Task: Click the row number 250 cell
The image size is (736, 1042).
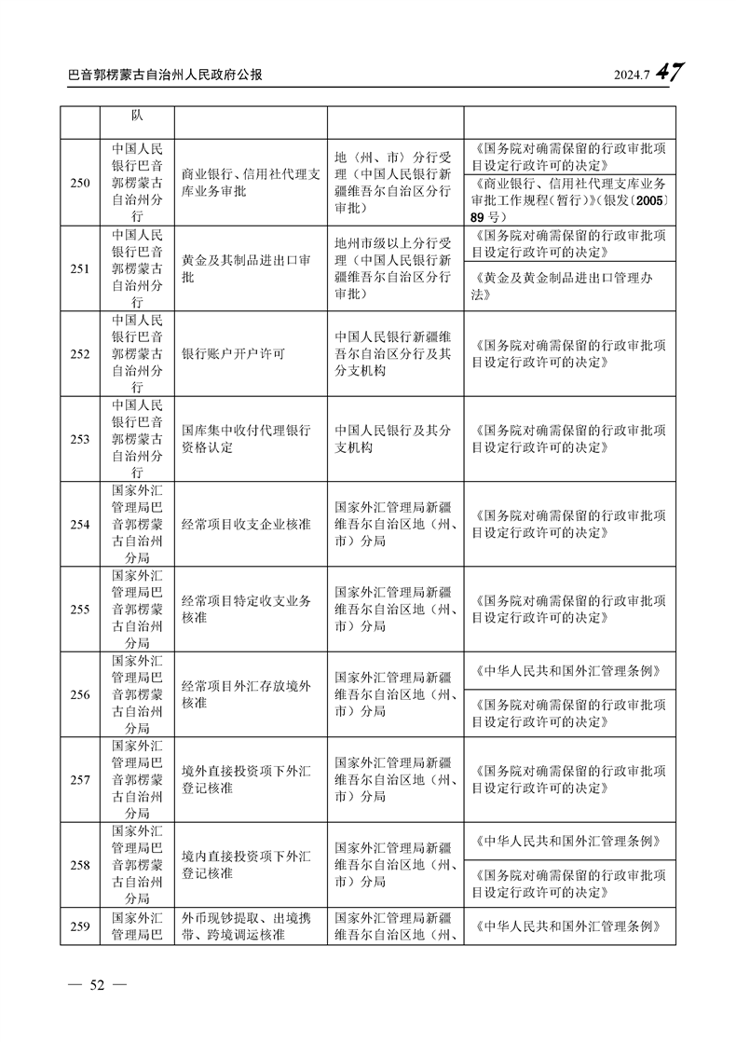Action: point(80,184)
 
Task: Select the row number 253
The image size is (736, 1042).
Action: point(80,439)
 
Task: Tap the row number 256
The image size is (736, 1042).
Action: point(80,694)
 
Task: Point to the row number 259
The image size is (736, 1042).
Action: point(80,926)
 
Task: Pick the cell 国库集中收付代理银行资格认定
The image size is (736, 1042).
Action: point(246,439)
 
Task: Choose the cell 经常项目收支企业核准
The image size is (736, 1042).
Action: point(245,525)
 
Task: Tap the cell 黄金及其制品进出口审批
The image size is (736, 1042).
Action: point(246,269)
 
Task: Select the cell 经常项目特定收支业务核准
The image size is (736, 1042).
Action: point(246,610)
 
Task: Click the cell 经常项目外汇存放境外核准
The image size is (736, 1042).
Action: point(246,694)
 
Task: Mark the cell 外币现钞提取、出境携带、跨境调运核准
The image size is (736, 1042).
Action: point(246,926)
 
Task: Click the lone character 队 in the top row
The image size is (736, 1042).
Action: point(137,116)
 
